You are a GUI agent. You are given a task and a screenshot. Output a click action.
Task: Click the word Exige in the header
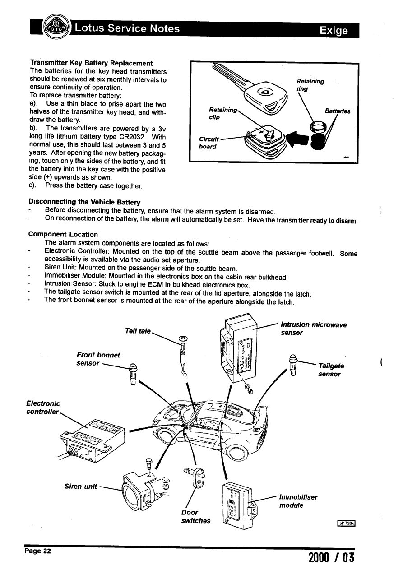[334, 31]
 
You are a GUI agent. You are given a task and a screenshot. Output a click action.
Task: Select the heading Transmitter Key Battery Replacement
[91, 63]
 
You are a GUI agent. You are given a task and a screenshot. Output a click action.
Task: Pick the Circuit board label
[208, 143]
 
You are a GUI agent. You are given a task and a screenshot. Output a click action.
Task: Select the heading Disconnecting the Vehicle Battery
[84, 201]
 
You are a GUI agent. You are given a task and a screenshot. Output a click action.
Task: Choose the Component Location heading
[63, 234]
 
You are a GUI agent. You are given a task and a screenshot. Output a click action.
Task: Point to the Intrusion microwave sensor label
[313, 328]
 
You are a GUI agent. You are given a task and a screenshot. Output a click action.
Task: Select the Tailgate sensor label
[331, 370]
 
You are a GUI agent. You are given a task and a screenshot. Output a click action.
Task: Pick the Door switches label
[195, 516]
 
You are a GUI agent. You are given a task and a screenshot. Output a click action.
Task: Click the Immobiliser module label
[298, 501]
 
